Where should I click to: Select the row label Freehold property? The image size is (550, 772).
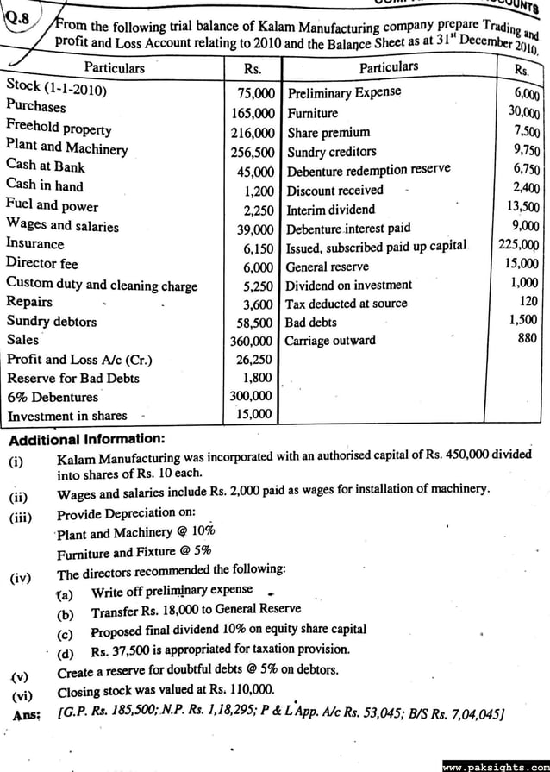(x=59, y=129)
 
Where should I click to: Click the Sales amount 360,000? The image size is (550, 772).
(x=252, y=341)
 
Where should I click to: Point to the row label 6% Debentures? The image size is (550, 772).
(x=53, y=397)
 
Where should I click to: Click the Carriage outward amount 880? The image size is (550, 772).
(x=528, y=338)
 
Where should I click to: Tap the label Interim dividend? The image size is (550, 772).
(x=330, y=209)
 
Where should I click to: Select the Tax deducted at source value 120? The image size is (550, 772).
(x=529, y=301)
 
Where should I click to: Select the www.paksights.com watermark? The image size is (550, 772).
(x=495, y=765)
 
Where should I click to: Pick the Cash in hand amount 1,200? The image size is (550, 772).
(x=259, y=189)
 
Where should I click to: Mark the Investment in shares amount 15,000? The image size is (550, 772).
(x=255, y=414)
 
